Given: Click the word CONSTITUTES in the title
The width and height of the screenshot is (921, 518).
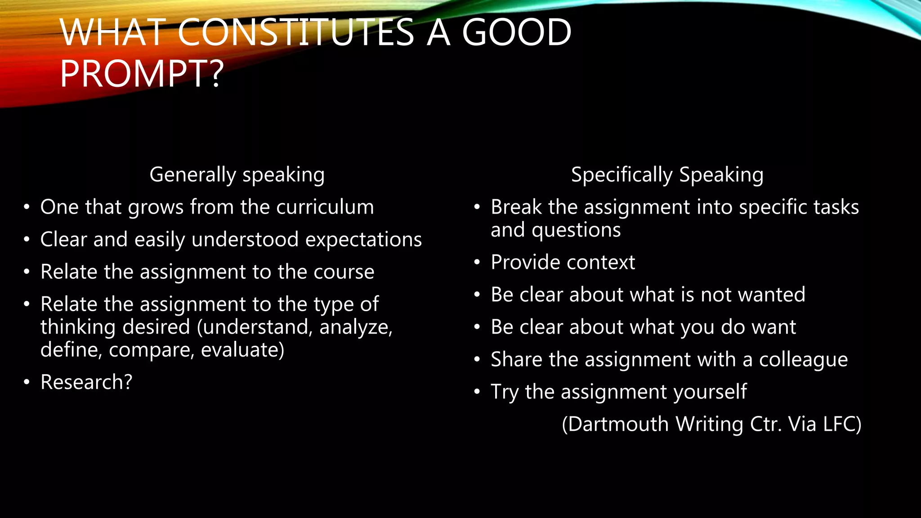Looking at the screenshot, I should (295, 32).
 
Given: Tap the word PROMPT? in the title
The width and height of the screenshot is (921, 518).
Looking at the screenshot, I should (142, 74).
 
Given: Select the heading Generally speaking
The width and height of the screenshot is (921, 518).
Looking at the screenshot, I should (237, 175).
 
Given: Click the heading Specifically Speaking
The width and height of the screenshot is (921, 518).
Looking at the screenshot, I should (667, 175).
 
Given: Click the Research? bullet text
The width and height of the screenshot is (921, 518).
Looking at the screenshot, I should (86, 382).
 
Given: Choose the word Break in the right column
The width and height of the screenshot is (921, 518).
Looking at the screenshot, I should (516, 207).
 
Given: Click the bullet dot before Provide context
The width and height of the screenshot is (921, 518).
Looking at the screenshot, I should (477, 263).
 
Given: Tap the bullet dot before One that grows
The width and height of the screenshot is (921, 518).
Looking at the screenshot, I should (27, 207).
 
